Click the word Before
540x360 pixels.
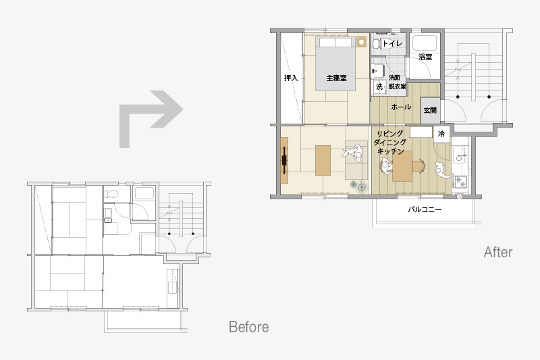click(x=248, y=327)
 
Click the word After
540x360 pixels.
click(x=498, y=252)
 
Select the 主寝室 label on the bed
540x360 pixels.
click(x=336, y=78)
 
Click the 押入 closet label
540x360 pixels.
click(x=291, y=78)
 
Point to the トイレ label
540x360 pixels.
click(x=392, y=43)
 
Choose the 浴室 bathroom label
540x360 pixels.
click(x=425, y=57)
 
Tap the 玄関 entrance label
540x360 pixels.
click(x=430, y=110)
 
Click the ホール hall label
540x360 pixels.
click(x=401, y=107)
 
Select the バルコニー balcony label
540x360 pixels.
click(x=425, y=209)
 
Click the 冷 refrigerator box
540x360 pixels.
click(x=441, y=134)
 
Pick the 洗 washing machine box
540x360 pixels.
click(x=379, y=87)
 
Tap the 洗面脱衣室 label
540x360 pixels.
click(x=397, y=82)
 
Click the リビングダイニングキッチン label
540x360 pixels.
click(x=390, y=143)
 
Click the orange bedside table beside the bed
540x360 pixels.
click(x=361, y=42)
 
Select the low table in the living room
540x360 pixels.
click(x=323, y=160)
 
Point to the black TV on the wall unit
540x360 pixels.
click(x=284, y=160)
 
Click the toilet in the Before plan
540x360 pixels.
click(x=111, y=195)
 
